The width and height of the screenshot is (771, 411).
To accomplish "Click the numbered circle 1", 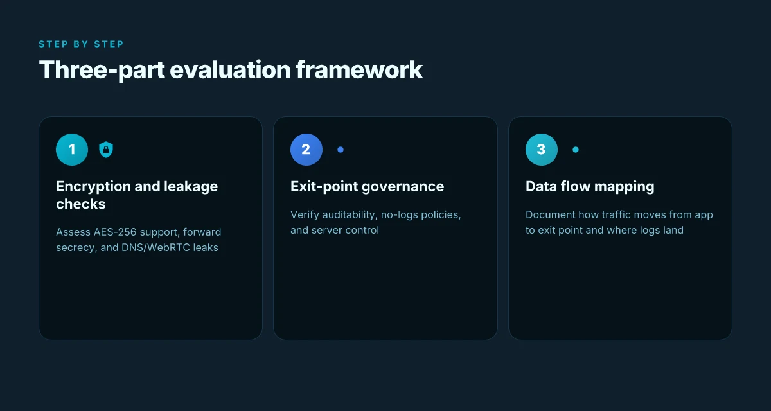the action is point(72,150).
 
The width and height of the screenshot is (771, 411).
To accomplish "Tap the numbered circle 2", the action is point(306,150).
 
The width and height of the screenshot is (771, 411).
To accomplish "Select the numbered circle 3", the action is point(542,150).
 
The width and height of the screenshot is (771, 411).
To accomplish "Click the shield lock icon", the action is point(106,150).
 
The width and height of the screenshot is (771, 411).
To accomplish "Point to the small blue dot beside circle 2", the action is point(341,150).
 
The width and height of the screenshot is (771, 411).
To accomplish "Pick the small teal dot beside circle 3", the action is point(576,150).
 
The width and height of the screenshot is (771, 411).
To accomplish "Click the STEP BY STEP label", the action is point(81,44).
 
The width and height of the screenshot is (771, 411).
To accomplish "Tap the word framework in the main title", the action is point(359,70).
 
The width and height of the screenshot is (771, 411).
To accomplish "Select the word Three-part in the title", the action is point(102,71).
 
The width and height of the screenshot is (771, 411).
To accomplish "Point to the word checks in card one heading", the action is point(81,204).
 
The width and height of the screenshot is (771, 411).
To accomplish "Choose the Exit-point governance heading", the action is point(368,187).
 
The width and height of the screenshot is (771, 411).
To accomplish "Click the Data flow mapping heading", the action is point(590,187).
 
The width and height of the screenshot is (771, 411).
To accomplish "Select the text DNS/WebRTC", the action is point(155,248).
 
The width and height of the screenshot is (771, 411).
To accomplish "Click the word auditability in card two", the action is point(350,215).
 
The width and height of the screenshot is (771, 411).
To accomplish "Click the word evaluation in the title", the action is point(230,70).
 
